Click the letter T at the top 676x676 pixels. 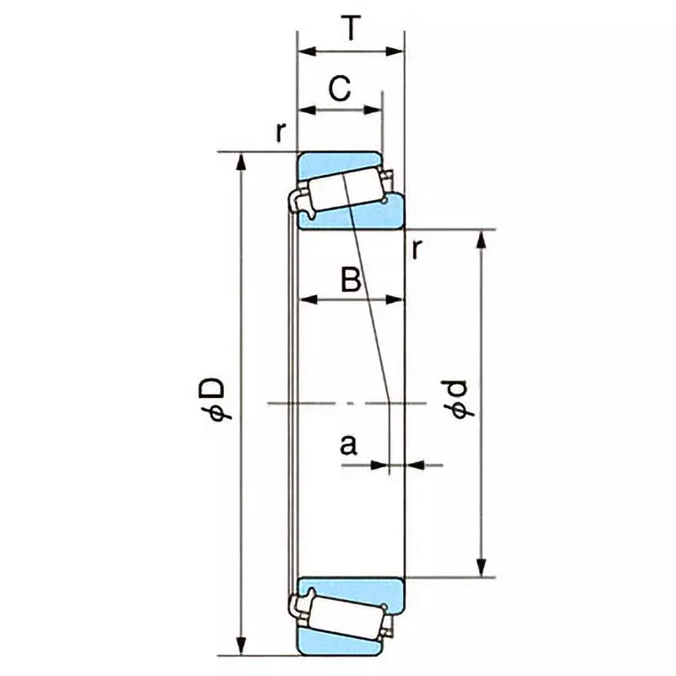point(351,29)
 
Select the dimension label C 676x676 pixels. point(339,89)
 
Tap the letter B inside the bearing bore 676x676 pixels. point(351,279)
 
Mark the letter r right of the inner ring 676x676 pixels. point(417,248)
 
